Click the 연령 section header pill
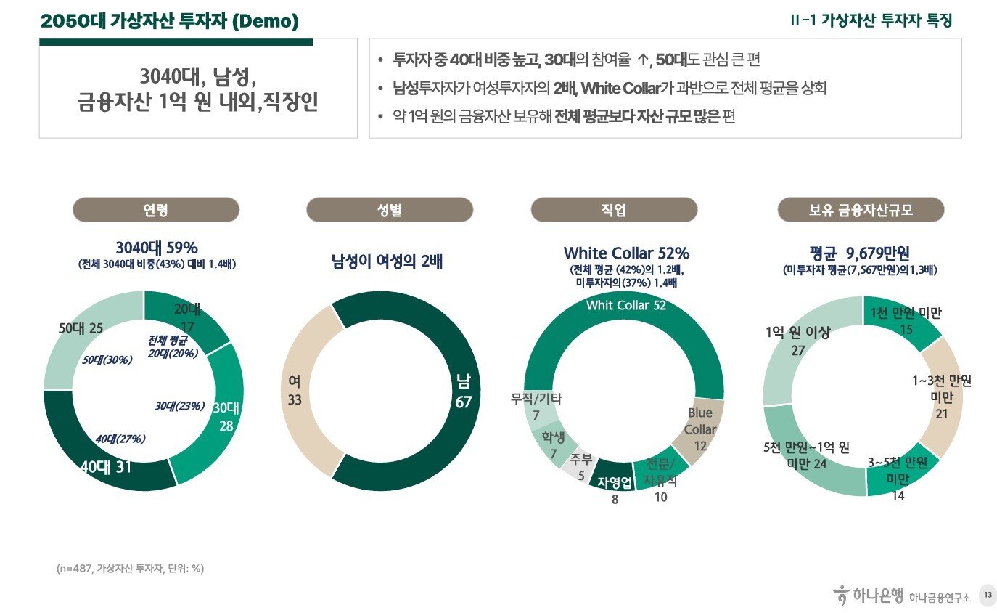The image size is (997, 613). [x=155, y=210]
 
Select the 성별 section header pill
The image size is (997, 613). [x=390, y=210]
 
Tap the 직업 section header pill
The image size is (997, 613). [x=614, y=210]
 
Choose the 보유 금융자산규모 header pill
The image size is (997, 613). [x=861, y=210]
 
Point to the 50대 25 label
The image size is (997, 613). [x=81, y=328]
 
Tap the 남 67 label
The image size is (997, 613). [x=463, y=390]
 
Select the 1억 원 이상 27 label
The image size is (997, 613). [x=797, y=341]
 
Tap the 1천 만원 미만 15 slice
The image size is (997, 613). [x=906, y=320]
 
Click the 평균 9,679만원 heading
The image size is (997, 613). [x=861, y=253]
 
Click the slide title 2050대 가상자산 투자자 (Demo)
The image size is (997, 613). [x=170, y=22]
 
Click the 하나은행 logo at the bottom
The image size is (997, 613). [x=868, y=596]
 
